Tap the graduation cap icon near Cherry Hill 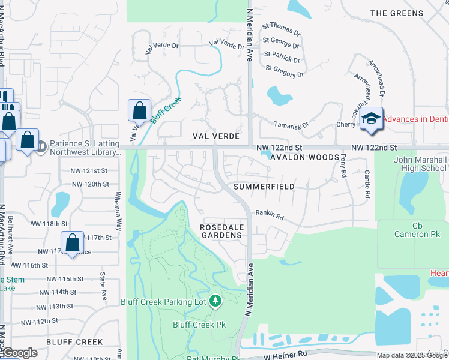coord(372,118)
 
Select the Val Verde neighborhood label coord(216,136)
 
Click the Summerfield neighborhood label coord(264,187)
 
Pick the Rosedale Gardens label coord(221,231)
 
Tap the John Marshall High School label coord(420,164)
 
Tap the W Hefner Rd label coord(286,355)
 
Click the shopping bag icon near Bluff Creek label coord(139,111)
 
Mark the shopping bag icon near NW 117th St coord(72,243)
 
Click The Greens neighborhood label coord(397,13)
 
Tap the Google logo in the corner coord(19,353)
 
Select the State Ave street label coord(103,287)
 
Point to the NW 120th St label coord(89,184)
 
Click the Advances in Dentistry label coord(415,119)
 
